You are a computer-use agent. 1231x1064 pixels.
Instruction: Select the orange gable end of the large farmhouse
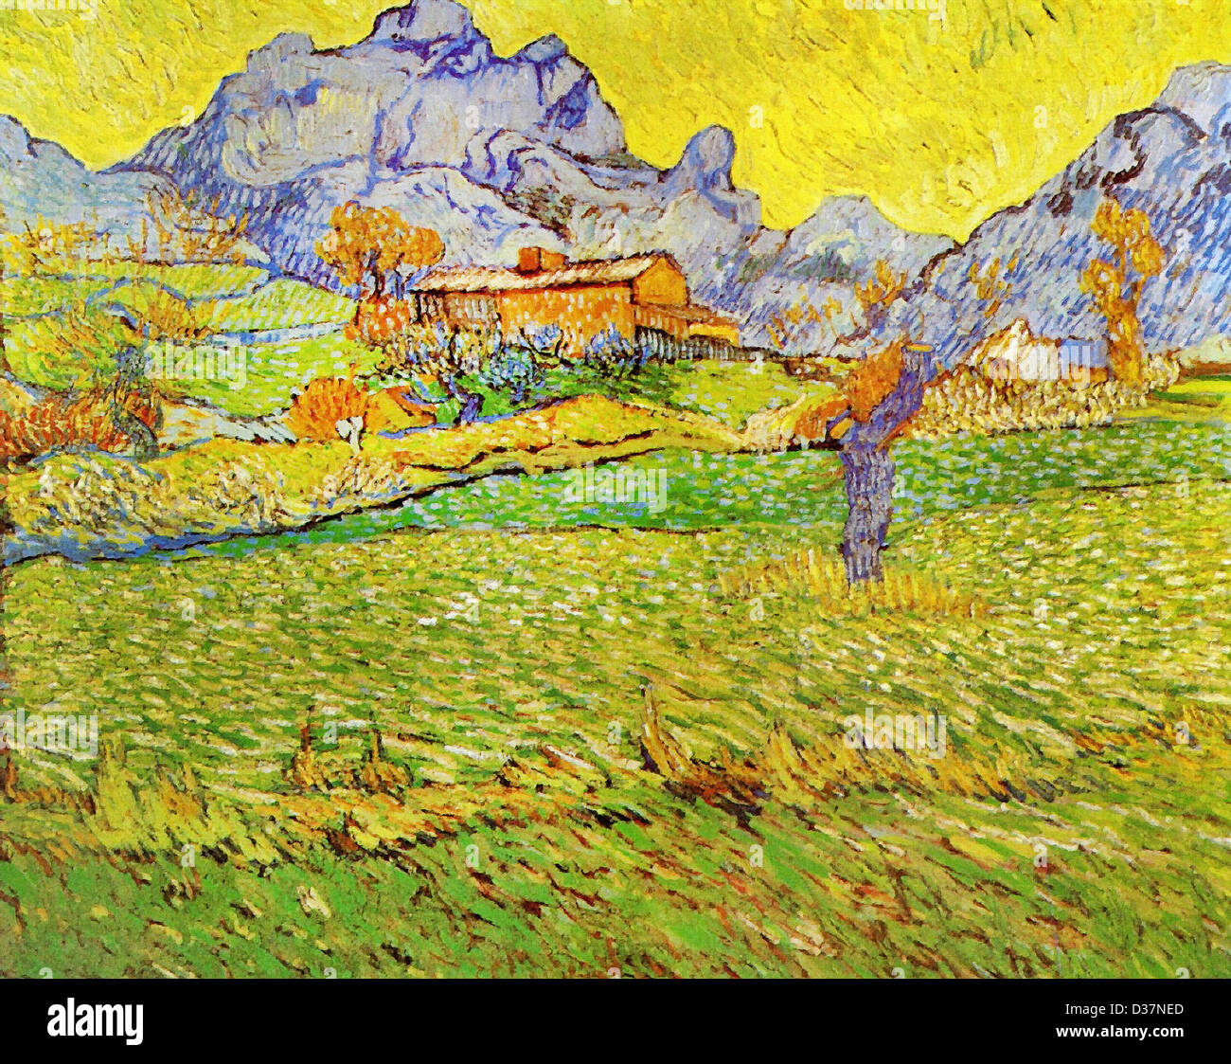pyautogui.click(x=661, y=284)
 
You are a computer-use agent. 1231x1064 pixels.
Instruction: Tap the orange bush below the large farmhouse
pyautogui.click(x=327, y=407)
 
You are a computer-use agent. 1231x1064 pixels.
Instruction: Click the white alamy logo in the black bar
pyautogui.click(x=95, y=1021)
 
